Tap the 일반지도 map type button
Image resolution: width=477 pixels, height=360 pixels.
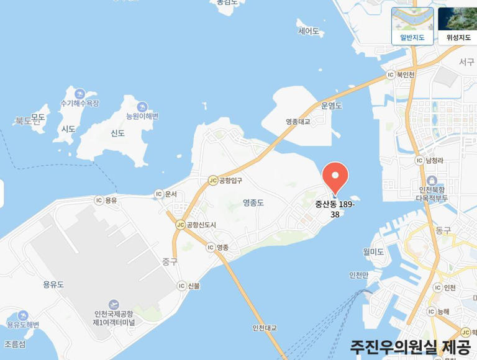tap(412, 25)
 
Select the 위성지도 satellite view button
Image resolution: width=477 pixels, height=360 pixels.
tap(458, 25)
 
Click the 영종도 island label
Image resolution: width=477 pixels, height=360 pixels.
tap(253, 202)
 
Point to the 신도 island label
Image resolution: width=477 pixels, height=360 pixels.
tap(117, 133)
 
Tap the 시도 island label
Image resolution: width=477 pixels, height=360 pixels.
tap(68, 129)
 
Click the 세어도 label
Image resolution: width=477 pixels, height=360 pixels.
tap(308, 31)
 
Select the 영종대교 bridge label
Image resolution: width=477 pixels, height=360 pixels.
tap(298, 122)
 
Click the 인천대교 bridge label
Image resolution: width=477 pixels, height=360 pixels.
tap(265, 328)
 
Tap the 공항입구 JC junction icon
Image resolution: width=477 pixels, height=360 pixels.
tap(213, 181)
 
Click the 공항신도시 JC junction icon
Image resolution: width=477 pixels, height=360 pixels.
tap(180, 224)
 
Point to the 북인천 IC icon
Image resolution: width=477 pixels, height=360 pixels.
tap(391, 75)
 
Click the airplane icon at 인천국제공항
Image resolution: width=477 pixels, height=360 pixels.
tap(113, 304)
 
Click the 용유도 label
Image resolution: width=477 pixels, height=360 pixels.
tap(53, 284)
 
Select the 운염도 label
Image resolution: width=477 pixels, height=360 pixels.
tap(332, 106)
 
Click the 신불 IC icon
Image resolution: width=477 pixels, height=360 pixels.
tap(181, 286)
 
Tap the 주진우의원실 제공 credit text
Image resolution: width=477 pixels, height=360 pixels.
tap(411, 346)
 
